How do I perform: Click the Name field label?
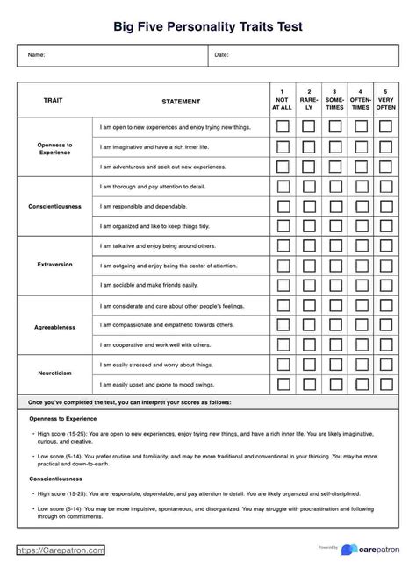pos(36,55)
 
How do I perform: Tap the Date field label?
pos(221,55)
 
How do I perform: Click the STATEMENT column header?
pos(181,102)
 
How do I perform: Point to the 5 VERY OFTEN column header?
pos(385,100)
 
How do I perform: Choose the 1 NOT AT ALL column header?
pos(283,100)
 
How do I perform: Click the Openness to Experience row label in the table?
pos(54,147)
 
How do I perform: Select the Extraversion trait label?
pos(54,264)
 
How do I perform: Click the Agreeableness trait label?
pos(54,327)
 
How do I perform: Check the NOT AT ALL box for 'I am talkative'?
pos(283,246)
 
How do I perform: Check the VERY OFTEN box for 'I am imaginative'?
pos(385,146)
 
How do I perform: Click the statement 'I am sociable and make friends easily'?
pos(149,285)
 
